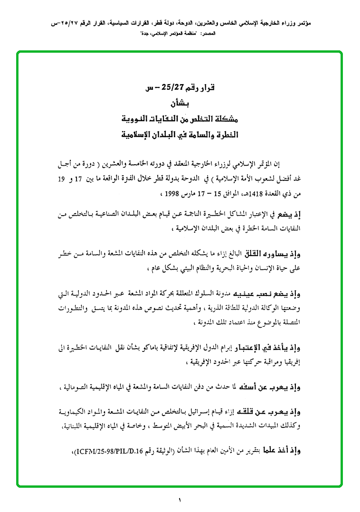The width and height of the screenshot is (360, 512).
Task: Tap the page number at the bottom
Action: click(180, 500)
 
